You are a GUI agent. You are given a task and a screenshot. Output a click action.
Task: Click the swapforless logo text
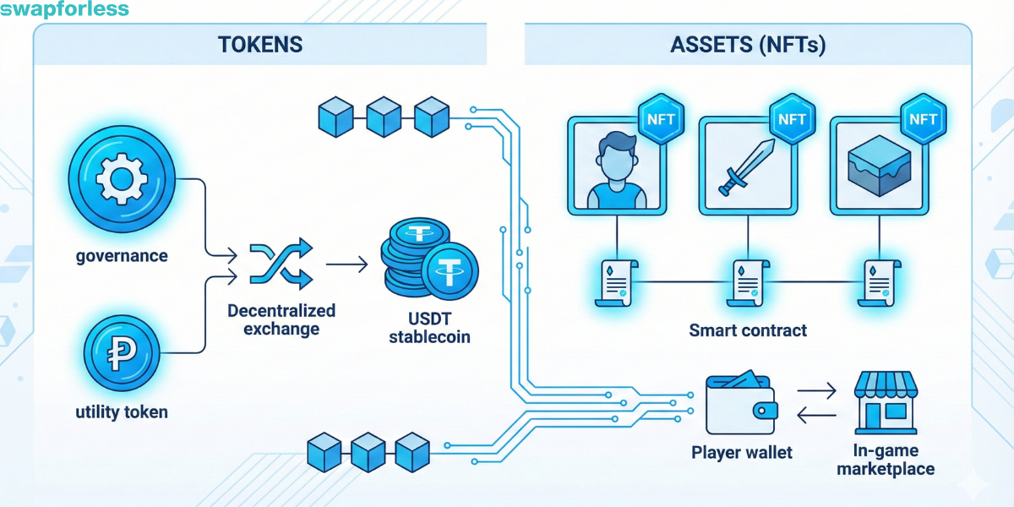click(x=65, y=10)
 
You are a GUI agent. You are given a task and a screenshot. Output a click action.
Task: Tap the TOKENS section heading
click(x=260, y=45)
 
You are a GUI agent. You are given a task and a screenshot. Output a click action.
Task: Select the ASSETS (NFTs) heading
click(x=748, y=45)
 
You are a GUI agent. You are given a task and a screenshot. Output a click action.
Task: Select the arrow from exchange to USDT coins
click(x=346, y=264)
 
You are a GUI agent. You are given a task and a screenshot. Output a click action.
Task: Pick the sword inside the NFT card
click(x=745, y=166)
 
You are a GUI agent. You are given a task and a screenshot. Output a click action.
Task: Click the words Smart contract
click(x=748, y=330)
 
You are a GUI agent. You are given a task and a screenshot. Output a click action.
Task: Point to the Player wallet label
click(x=742, y=452)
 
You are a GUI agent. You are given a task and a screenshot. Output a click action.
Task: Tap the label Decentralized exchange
click(x=281, y=319)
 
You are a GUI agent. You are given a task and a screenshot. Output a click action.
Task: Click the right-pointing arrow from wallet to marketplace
click(x=816, y=390)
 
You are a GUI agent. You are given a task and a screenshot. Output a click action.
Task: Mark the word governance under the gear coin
click(x=121, y=254)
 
